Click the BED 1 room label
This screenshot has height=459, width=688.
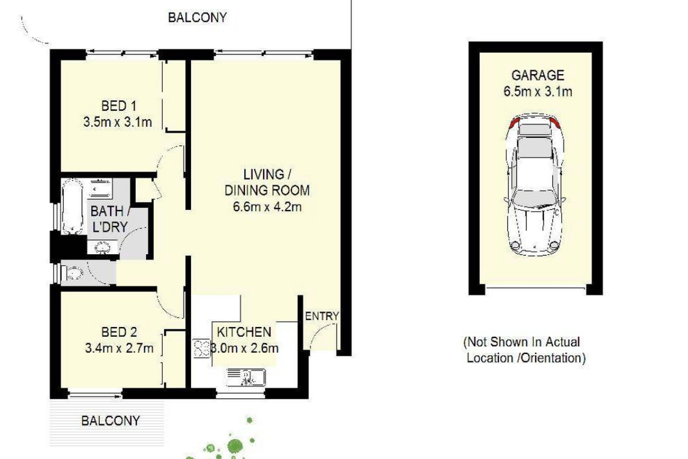[119, 106]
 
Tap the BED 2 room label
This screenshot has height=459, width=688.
[119, 332]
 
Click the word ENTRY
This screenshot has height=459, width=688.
[322, 316]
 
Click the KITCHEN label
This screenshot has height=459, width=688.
[243, 332]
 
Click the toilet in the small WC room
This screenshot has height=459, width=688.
[73, 273]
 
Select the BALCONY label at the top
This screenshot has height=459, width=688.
[197, 17]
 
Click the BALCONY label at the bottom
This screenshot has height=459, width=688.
[110, 421]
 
